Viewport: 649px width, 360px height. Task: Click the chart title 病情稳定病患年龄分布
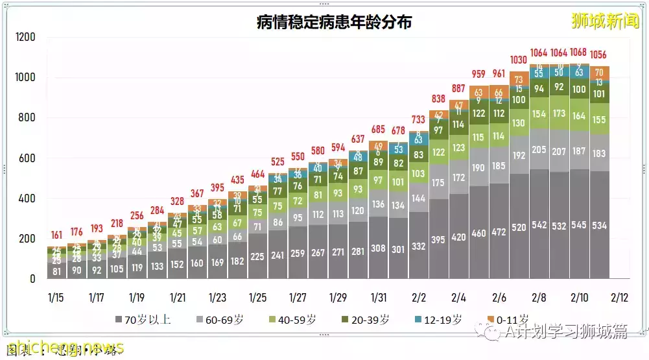pyautogui.click(x=335, y=22)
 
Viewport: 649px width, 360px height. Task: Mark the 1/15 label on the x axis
pyautogui.click(x=55, y=298)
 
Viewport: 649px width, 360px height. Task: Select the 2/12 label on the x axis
pyautogui.click(x=619, y=298)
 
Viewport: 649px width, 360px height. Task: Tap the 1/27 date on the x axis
pyautogui.click(x=297, y=298)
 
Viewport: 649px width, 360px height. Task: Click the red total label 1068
pyautogui.click(x=578, y=53)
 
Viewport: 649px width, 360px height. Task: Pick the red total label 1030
pyautogui.click(x=519, y=60)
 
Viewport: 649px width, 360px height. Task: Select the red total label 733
pyautogui.click(x=418, y=119)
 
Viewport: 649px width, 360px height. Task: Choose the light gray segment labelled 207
pyautogui.click(x=559, y=150)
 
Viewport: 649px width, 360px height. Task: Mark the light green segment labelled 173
pyautogui.click(x=559, y=113)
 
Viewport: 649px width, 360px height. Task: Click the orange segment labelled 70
pyautogui.click(x=599, y=72)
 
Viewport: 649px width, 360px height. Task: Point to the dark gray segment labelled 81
pyautogui.click(x=56, y=271)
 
